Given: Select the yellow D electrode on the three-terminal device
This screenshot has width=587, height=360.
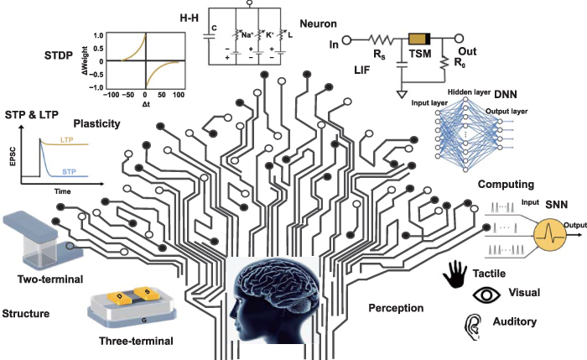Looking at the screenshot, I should [121, 299].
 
